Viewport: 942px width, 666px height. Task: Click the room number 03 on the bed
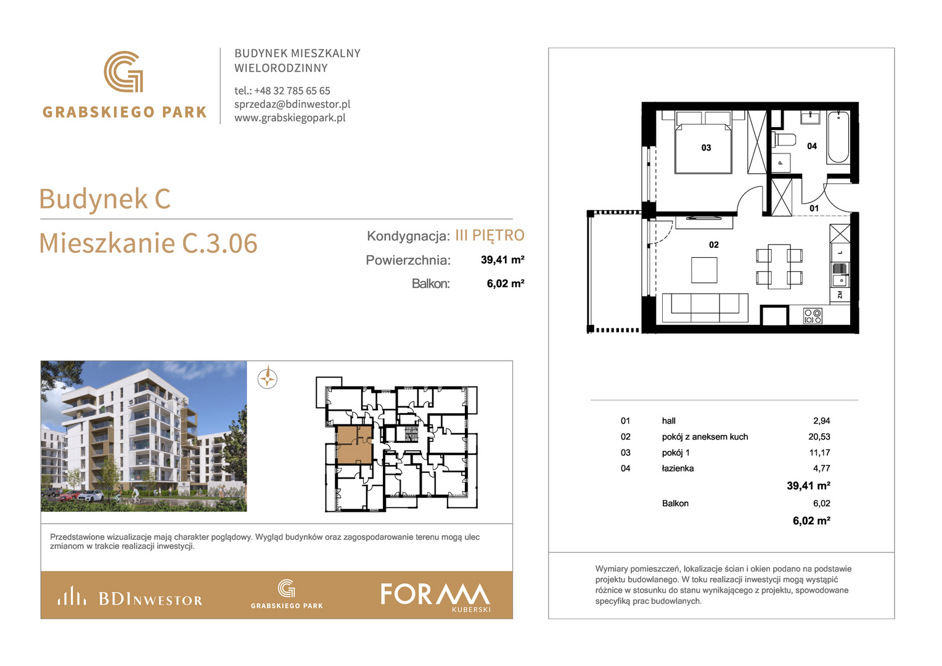tap(706, 147)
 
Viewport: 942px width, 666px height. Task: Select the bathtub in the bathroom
tap(838, 137)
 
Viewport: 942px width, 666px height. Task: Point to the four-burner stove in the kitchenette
tap(813, 316)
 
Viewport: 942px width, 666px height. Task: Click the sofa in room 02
tap(705, 308)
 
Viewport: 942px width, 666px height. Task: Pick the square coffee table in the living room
tap(704, 270)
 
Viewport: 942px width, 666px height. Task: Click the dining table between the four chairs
tap(779, 266)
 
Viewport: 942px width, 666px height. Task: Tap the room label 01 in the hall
tap(814, 208)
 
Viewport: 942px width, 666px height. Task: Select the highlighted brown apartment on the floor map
tap(354, 445)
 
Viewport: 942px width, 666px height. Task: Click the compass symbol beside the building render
tap(267, 378)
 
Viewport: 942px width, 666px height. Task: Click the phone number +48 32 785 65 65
tap(292, 91)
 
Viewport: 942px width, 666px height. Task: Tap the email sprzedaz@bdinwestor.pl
tap(292, 104)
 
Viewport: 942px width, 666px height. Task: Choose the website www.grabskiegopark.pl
tap(290, 118)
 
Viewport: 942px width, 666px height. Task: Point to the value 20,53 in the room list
tap(819, 437)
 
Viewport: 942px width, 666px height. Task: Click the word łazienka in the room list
tap(678, 468)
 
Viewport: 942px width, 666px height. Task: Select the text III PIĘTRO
tap(490, 235)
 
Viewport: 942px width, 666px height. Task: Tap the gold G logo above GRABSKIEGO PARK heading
tap(124, 72)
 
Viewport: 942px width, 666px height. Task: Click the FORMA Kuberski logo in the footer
tap(435, 597)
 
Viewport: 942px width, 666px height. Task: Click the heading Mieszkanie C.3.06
tap(148, 243)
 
